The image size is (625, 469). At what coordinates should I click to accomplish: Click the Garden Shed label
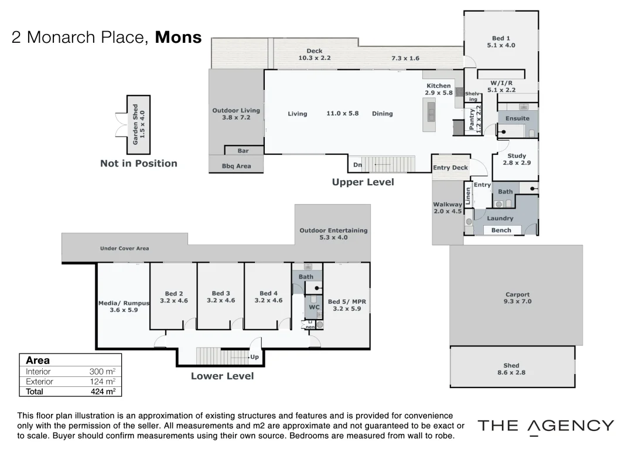[138, 125]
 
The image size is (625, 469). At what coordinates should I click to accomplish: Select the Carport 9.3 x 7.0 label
[517, 298]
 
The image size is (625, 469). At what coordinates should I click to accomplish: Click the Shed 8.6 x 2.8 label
[511, 369]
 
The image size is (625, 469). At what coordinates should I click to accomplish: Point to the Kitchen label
[438, 89]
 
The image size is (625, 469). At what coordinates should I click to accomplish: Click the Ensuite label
[517, 118]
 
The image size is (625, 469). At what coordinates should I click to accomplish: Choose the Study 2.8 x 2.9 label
[516, 159]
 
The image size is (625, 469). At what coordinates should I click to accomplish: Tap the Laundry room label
[500, 218]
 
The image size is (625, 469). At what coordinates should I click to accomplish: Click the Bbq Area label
[236, 166]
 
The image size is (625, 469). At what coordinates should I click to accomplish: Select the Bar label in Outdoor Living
[244, 151]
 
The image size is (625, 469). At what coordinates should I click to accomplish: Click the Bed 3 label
[221, 297]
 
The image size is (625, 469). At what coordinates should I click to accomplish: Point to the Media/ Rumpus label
[124, 307]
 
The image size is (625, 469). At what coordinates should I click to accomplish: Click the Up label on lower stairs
[254, 356]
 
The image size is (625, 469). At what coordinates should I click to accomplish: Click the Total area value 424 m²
[104, 391]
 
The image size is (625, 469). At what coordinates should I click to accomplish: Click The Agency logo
[545, 427]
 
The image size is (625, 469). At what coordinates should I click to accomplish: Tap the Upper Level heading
[363, 182]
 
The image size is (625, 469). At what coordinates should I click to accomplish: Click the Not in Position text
[138, 164]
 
